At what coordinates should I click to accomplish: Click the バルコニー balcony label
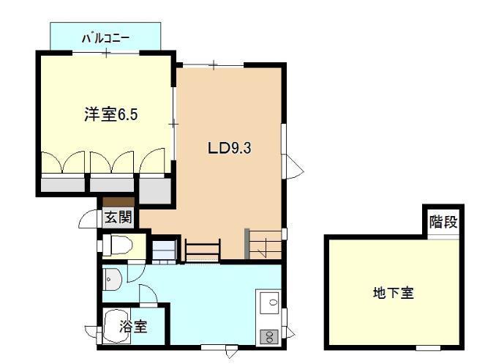105,34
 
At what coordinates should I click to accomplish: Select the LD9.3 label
229,146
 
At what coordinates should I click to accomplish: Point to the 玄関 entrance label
117,218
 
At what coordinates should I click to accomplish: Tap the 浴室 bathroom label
134,327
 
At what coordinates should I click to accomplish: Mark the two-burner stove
268,336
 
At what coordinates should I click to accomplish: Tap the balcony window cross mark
107,53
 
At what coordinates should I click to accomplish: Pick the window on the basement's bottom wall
428,346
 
